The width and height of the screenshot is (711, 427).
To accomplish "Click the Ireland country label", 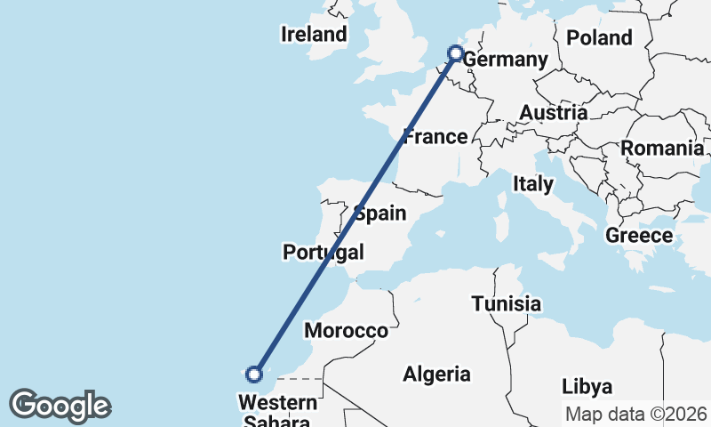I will (313, 35).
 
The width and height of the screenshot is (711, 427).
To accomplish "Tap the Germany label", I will (505, 60).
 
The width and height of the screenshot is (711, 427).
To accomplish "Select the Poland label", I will (599, 37).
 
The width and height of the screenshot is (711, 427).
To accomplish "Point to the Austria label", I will (554, 113).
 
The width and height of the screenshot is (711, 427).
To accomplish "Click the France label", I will (435, 137).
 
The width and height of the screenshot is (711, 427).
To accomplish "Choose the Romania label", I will (662, 149).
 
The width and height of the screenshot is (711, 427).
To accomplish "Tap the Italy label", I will (533, 184).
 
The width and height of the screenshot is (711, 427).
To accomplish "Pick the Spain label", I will (380, 213).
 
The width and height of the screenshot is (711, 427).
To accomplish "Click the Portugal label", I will (324, 252).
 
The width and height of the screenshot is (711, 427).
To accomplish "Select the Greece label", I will (639, 236).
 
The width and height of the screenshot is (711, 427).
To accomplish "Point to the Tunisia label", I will (507, 304).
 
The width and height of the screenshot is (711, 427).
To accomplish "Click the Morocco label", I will (347, 331).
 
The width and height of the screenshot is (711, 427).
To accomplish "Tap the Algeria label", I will (436, 375).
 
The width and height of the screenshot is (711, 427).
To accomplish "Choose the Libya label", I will (587, 387).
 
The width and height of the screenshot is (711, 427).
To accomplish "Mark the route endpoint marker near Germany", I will (456, 53).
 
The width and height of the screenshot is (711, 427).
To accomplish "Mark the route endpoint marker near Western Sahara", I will (255, 374).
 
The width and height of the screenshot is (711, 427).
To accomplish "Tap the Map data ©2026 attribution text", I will (636, 415).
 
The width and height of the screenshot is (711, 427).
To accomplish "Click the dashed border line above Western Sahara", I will (298, 378).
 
